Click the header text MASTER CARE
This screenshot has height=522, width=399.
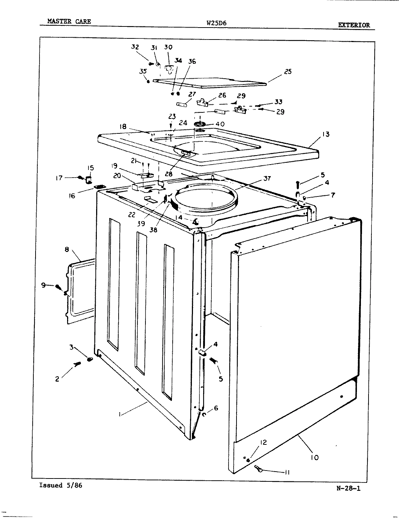[69, 21]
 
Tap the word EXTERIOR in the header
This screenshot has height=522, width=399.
[354, 25]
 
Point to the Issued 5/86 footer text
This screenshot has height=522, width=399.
[61, 485]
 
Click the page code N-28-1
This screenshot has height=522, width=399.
[348, 488]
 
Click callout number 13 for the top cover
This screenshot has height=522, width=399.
[325, 134]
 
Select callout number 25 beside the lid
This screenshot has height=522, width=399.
[288, 71]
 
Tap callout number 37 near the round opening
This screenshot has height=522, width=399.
[267, 178]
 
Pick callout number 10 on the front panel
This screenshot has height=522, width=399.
[314, 457]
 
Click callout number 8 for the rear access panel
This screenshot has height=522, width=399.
[67, 249]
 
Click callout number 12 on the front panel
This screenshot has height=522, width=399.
[263, 442]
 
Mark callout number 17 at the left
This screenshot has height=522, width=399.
[59, 178]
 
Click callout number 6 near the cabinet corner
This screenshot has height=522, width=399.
[216, 408]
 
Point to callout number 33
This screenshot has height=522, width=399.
[278, 102]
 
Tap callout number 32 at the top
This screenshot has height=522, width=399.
[135, 47]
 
